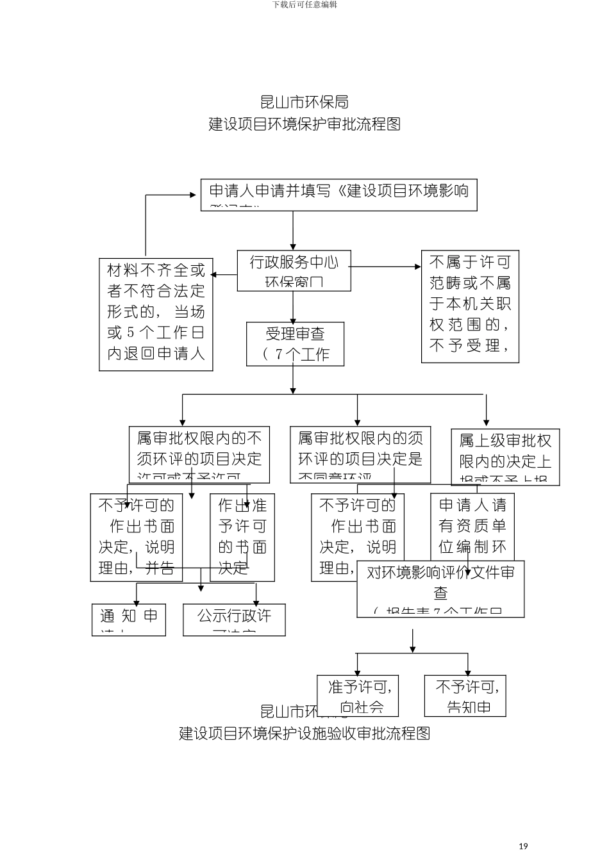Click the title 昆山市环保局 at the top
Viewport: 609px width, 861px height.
click(304, 102)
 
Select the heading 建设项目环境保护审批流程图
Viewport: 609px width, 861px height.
click(304, 124)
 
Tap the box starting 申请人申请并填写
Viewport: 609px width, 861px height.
click(338, 195)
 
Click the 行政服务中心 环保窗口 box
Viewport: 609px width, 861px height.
click(294, 271)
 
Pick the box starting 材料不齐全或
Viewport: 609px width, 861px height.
click(156, 314)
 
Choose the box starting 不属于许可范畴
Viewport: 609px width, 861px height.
click(470, 307)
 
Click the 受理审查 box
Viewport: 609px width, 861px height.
click(295, 344)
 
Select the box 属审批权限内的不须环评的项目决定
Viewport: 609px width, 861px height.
click(199, 455)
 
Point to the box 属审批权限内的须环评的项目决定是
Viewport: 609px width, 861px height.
click(360, 455)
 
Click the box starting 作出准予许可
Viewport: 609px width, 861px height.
click(242, 537)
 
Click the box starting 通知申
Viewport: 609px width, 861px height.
click(129, 619)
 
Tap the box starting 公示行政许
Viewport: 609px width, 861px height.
click(234, 619)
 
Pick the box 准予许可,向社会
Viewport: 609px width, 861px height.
click(358, 696)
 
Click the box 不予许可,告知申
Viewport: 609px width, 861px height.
click(465, 696)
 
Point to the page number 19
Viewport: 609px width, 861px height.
click(523, 846)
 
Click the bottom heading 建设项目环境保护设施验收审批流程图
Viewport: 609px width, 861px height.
click(304, 734)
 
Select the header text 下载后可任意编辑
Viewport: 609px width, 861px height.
click(304, 4)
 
